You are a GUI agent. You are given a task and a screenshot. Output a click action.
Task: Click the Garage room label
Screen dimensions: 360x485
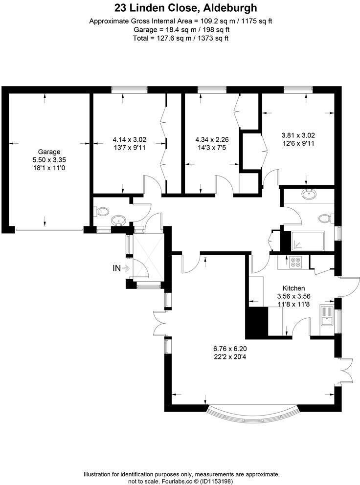pyautogui.click(x=49, y=152)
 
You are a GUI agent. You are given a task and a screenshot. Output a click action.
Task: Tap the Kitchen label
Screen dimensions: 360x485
pyautogui.click(x=294, y=288)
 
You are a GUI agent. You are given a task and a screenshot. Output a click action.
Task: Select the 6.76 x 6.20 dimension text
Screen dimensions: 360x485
pyautogui.click(x=230, y=349)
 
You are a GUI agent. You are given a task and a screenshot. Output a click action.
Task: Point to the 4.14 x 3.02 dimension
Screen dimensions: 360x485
pyautogui.click(x=130, y=139)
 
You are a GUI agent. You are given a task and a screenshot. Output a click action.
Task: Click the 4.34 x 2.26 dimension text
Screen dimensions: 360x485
pyautogui.click(x=212, y=139)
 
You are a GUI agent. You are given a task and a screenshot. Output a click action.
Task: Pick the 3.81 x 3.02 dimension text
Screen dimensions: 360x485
pyautogui.click(x=298, y=135)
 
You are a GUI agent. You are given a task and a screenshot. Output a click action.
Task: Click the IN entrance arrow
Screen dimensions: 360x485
pyautogui.click(x=126, y=268)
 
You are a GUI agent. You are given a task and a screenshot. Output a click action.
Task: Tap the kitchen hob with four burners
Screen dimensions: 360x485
pyautogui.click(x=295, y=262)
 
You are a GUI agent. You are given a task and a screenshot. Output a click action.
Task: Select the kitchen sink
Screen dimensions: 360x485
pyautogui.click(x=327, y=316)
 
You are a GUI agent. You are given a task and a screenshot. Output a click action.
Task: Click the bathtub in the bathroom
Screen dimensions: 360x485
pyautogui.click(x=308, y=241)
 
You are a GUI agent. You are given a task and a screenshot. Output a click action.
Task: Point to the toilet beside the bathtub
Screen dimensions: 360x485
pyautogui.click(x=325, y=218)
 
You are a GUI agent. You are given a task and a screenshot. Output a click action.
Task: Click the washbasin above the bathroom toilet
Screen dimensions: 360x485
pyautogui.click(x=309, y=194)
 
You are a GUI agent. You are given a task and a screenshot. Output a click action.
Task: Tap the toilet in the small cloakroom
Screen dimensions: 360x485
pyautogui.click(x=102, y=212)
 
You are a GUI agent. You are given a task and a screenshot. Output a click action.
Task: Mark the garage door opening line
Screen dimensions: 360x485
pyautogui.click(x=49, y=229)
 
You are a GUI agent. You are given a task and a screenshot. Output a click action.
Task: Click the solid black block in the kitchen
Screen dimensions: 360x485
pyautogui.click(x=257, y=322)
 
